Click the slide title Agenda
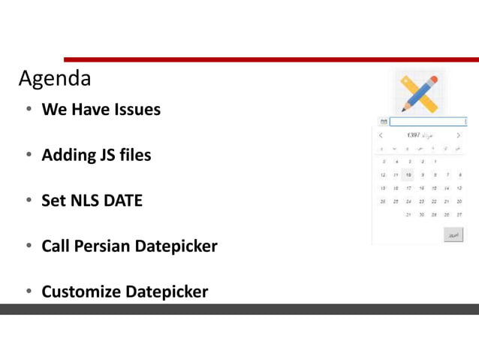[x=55, y=78]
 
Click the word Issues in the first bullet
[x=137, y=110]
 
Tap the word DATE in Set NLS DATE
[x=125, y=201]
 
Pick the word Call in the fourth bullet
[x=56, y=246]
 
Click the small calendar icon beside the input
[x=384, y=121]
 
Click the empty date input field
[x=427, y=121]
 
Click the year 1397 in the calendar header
[x=414, y=135]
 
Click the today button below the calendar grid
[x=453, y=234]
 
